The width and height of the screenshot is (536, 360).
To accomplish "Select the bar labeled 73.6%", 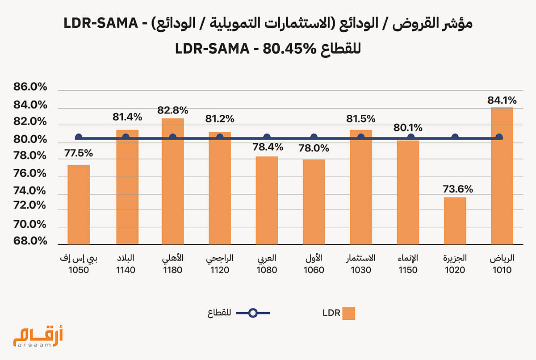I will (x=455, y=221).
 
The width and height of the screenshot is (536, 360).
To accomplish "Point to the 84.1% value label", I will (x=502, y=100).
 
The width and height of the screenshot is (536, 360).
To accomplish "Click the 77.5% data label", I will (x=79, y=153).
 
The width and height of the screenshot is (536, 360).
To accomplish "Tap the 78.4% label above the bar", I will (x=267, y=146).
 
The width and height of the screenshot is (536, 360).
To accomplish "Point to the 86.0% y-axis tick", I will (x=30, y=88).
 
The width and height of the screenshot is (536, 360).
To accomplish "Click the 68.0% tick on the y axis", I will (x=30, y=241).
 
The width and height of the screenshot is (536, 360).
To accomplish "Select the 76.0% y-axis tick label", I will (x=30, y=173).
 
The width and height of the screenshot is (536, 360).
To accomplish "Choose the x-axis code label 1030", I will (x=360, y=270).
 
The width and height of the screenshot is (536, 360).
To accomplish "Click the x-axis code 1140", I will (x=126, y=270).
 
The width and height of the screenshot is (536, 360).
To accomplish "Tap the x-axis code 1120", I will (x=219, y=270).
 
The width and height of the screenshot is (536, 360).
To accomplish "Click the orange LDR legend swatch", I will (x=349, y=313).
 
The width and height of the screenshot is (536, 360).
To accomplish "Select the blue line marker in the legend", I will (x=253, y=313).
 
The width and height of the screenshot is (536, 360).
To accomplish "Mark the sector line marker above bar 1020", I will (x=455, y=137).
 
